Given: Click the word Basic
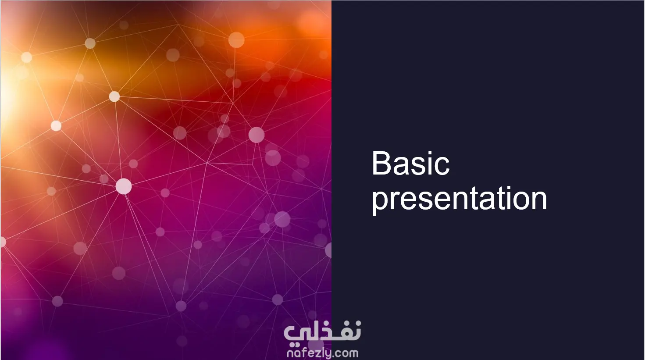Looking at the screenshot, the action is pyautogui.click(x=410, y=163).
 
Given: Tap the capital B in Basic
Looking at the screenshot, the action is pyautogui.click(x=381, y=163).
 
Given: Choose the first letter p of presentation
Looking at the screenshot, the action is pyautogui.click(x=380, y=202).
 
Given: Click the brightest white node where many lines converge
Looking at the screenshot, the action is pyautogui.click(x=124, y=186).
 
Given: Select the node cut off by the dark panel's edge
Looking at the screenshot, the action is pyautogui.click(x=328, y=250).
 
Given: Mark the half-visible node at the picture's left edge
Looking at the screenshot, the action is pyautogui.click(x=3, y=242).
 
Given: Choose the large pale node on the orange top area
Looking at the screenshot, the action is pyautogui.click(x=236, y=40).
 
